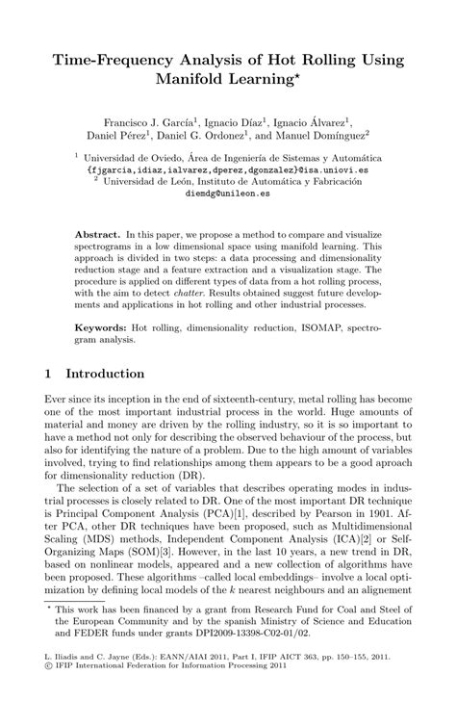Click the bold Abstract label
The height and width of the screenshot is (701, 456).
pos(96,233)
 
